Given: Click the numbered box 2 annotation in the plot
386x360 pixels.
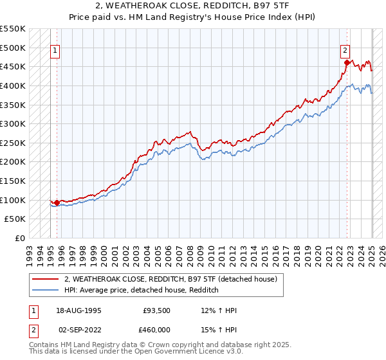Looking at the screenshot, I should tap(345, 50).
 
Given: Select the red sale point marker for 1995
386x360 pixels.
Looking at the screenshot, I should tap(57, 203).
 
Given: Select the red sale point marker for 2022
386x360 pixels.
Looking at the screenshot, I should tap(347, 62).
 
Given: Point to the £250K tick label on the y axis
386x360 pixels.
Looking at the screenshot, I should tap(13, 143).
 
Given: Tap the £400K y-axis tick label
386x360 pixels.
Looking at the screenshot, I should tap(13, 85).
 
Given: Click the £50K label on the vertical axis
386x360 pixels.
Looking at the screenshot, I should tap(15, 219).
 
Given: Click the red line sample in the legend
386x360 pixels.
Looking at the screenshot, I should tap(46, 279).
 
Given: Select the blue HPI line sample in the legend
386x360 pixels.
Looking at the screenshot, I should tap(46, 290).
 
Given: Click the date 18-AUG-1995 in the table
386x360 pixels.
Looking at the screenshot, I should tap(78, 310).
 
